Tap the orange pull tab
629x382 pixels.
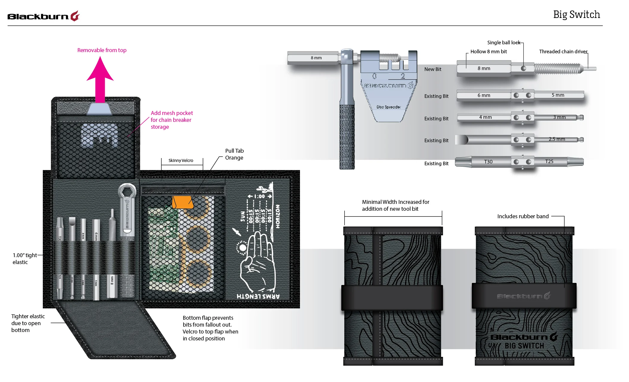pyautogui.click(x=182, y=202)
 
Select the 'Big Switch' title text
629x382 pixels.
pyautogui.click(x=576, y=15)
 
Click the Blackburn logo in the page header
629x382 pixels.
pyautogui.click(x=43, y=16)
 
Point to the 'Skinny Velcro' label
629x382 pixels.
pyautogui.click(x=181, y=160)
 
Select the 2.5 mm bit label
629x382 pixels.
pyautogui.click(x=557, y=139)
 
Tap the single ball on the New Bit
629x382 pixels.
pyautogui.click(x=523, y=69)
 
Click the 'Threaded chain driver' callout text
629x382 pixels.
pyautogui.click(x=563, y=51)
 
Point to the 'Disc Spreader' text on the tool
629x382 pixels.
pyautogui.click(x=389, y=107)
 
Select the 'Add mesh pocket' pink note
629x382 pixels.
pyautogui.click(x=171, y=120)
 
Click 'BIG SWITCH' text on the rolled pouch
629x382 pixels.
pyautogui.click(x=524, y=346)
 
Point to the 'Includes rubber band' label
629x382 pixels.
pyautogui.click(x=523, y=216)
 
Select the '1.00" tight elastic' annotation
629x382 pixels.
pyautogui.click(x=25, y=259)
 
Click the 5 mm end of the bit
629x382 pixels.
pyautogui.click(x=558, y=95)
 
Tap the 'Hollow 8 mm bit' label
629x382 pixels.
pyautogui.click(x=489, y=51)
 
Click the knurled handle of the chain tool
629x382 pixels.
pyautogui.click(x=347, y=138)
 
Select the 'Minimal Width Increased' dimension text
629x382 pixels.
pyautogui.click(x=395, y=205)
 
